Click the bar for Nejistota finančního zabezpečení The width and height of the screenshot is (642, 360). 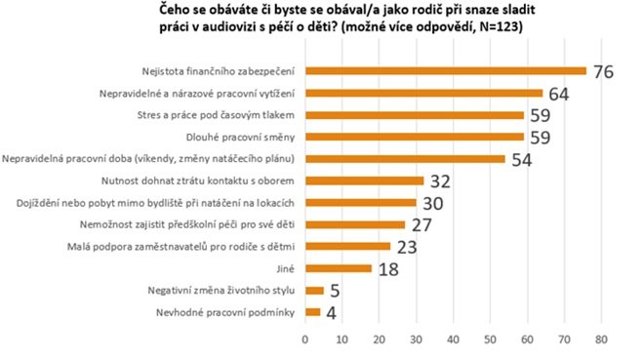click(446, 71)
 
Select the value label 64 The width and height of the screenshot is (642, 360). click(557, 95)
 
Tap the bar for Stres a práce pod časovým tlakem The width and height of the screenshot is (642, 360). click(415, 115)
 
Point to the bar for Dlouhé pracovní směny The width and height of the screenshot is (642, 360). click(415, 137)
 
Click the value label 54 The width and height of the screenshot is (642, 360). click(520, 159)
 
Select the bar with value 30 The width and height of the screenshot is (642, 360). click(361, 202)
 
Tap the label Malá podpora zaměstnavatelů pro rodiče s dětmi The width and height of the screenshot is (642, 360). click(210, 246)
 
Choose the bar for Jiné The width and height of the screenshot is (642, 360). click(339, 267)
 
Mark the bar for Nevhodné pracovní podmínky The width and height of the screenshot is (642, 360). click(312, 311)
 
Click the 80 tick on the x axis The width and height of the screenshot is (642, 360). click(601, 339)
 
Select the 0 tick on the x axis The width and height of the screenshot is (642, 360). click(305, 339)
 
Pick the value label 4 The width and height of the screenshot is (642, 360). click(332, 312)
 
